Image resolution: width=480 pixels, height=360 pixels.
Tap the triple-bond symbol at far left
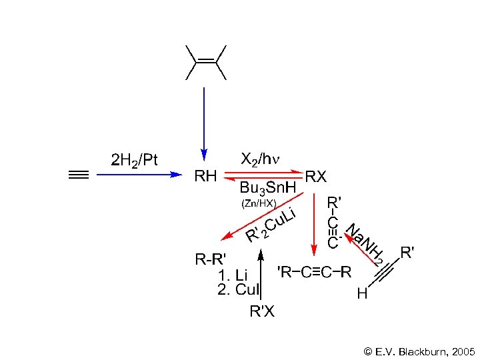(79, 175)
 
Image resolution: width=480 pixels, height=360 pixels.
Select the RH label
(205, 177)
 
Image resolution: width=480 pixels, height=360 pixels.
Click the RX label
(316, 177)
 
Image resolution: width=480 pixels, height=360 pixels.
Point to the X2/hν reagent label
(261, 160)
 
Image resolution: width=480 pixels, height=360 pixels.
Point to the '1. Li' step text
(234, 275)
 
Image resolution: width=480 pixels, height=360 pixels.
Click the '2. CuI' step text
(237, 289)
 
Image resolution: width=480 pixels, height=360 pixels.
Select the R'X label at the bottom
(261, 311)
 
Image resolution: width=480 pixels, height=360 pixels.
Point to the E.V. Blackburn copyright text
(419, 350)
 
